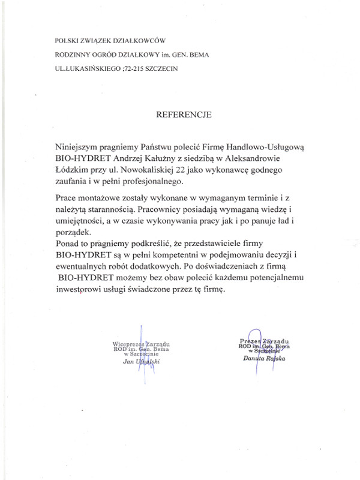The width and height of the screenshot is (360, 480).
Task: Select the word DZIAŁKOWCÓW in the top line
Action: (137, 41)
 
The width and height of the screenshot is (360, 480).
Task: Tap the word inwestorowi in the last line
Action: (79, 290)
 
